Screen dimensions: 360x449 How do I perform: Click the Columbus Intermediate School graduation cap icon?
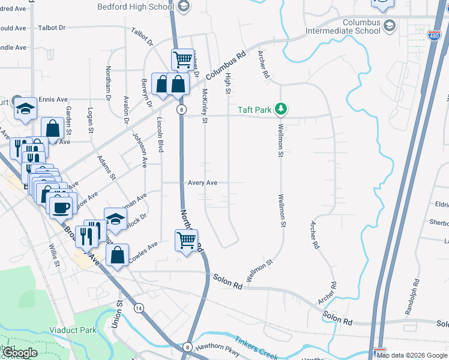[x=390, y=26]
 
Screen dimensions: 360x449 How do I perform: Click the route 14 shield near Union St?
[x=139, y=308]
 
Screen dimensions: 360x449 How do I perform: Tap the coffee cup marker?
[x=61, y=208]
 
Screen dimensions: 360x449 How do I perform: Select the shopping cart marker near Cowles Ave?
[x=187, y=241]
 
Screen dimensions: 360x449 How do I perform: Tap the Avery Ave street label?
[x=202, y=182]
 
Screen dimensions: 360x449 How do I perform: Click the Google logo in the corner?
[x=20, y=353]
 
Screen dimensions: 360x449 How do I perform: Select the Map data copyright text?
[x=412, y=355]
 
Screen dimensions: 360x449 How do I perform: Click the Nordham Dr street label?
[x=109, y=83]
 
